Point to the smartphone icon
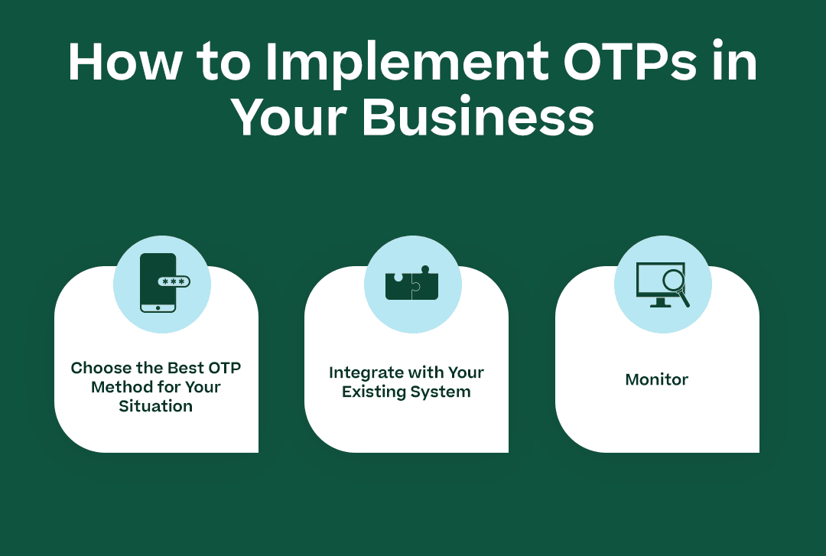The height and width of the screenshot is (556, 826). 157,283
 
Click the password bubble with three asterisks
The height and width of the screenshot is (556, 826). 174,281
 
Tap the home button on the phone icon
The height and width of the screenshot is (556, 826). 158,307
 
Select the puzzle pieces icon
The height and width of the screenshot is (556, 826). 412,284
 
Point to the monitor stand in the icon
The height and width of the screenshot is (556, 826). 659,302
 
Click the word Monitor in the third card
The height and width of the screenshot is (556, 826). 657,379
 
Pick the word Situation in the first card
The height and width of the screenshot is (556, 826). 156,406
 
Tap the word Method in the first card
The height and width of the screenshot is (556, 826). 121,387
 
